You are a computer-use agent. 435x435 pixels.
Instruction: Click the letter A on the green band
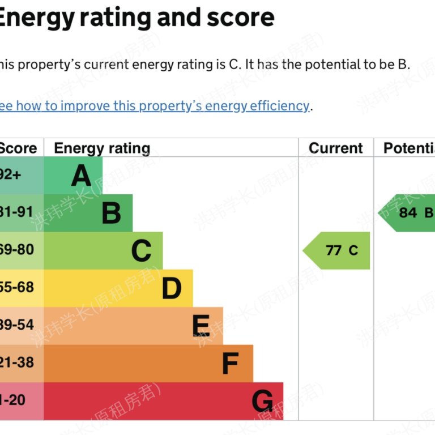(x=81, y=176)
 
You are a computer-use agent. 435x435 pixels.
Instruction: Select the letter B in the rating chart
(x=112, y=214)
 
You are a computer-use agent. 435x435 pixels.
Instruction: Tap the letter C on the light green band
(x=142, y=251)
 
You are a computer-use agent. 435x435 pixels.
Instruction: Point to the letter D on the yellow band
(x=172, y=288)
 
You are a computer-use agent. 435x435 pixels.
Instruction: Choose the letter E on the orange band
(x=201, y=326)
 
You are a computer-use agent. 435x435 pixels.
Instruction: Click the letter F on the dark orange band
(x=230, y=364)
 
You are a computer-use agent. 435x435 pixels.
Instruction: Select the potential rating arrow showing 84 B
(x=408, y=213)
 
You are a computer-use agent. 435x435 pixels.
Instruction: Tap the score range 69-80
(x=17, y=250)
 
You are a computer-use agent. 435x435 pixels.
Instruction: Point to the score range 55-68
(x=17, y=287)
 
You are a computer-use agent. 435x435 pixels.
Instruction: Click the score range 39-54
(x=17, y=325)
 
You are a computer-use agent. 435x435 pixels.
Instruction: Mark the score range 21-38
(x=17, y=362)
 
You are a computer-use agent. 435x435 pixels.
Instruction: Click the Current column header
(x=336, y=148)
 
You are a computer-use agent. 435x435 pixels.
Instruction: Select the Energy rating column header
(x=102, y=148)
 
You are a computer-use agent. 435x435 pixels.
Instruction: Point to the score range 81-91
(x=17, y=212)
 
